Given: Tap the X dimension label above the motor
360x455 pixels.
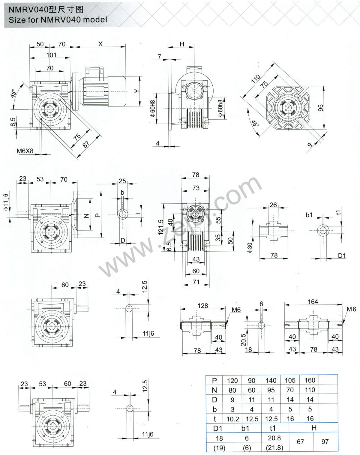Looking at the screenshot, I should click(x=100, y=44).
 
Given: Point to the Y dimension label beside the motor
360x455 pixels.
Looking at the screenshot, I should click(x=137, y=91).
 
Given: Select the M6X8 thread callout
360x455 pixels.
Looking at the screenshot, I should click(x=25, y=151).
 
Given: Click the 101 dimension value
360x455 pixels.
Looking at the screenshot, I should click(x=51, y=55).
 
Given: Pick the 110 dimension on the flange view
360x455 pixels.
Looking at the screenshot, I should click(x=256, y=79).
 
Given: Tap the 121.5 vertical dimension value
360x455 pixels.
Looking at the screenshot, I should click(x=161, y=226).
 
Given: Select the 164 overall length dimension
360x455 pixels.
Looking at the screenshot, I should click(x=313, y=302).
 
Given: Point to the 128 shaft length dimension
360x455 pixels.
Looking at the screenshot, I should click(x=203, y=305).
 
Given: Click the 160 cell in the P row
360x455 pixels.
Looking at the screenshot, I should click(x=310, y=380).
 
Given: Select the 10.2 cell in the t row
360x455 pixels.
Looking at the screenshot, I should click(x=232, y=419).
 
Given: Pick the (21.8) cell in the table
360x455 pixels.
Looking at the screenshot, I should click(x=274, y=448).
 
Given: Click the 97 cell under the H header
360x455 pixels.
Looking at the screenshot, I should click(x=325, y=442).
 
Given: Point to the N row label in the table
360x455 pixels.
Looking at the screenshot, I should click(x=214, y=390).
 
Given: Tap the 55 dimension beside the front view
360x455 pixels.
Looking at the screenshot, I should click(x=218, y=220).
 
